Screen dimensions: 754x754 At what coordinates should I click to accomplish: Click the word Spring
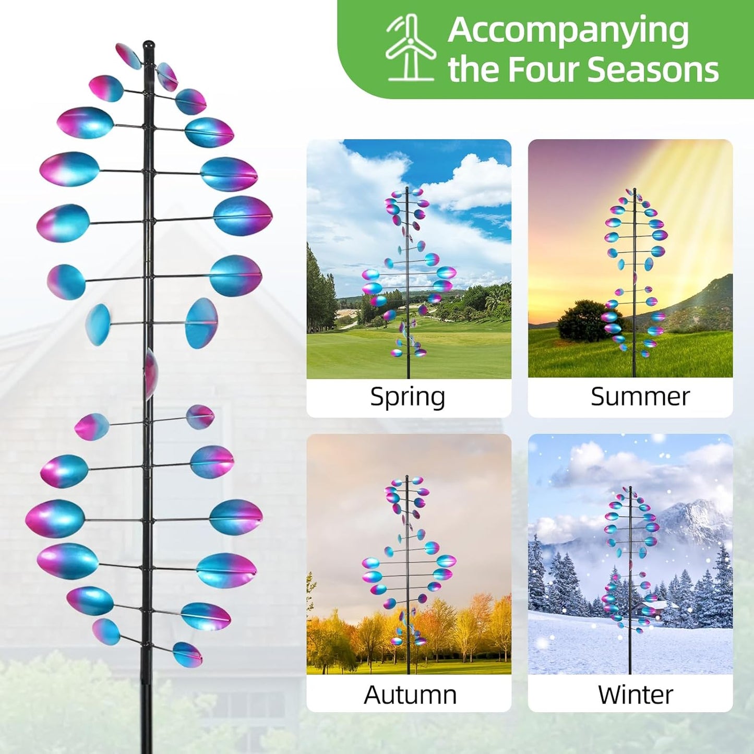click(x=408, y=397)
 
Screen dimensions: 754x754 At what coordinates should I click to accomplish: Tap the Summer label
click(x=640, y=397)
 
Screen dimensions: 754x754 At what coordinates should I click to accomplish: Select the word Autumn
click(x=410, y=695)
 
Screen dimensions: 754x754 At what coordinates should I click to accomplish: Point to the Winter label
click(x=635, y=695)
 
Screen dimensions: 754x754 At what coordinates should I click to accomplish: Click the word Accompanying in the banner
click(x=568, y=30)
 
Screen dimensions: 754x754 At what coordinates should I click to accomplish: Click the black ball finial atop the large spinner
click(x=149, y=45)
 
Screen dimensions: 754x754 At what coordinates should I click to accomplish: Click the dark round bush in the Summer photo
click(x=580, y=321)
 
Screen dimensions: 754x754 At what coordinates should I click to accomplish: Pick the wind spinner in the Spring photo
click(x=408, y=271)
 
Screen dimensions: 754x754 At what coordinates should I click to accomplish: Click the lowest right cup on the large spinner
click(x=187, y=654)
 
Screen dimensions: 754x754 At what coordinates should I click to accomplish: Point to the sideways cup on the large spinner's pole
click(x=150, y=373)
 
